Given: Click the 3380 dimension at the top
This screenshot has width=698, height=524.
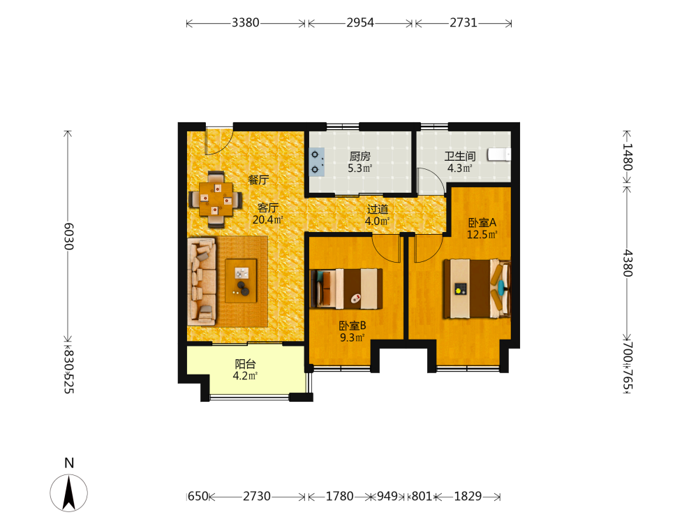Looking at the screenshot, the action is tap(245, 22).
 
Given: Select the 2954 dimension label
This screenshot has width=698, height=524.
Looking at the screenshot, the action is tap(360, 22).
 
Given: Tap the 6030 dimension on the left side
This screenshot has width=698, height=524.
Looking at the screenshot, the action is tap(68, 236).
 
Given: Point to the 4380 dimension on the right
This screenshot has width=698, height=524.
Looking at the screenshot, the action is tap(628, 263).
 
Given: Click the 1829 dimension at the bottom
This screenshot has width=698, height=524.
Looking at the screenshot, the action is tap(468, 496).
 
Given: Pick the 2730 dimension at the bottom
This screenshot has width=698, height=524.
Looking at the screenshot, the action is tap(256, 496).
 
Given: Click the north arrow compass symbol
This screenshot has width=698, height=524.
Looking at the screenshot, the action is tap(68, 493).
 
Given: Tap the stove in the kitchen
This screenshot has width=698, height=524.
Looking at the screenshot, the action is tap(317, 162).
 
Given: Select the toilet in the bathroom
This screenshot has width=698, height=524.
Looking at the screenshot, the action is tap(499, 154).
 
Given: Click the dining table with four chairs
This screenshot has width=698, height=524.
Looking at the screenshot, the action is tap(216, 199).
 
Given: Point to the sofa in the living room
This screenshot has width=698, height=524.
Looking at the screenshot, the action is tap(202, 281).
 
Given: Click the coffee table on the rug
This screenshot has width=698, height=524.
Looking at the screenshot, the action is tap(241, 281).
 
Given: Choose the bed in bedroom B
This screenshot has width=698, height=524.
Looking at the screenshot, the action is tap(346, 289).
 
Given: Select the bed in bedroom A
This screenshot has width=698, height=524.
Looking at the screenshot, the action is tap(477, 289).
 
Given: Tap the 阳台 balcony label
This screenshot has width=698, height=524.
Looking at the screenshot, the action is tap(245, 363).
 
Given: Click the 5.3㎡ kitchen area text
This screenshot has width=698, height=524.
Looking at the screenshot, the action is tap(359, 168).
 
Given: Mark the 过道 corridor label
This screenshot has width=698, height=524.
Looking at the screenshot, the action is tap(378, 209).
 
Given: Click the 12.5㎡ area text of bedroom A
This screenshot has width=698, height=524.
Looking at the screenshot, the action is tap(482, 234).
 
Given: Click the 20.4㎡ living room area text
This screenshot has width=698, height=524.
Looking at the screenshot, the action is tap(268, 219).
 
